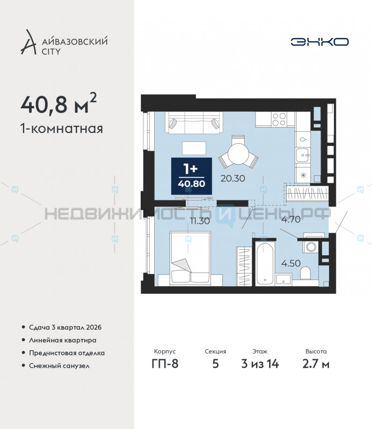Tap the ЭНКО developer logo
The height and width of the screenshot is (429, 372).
click(x=320, y=41)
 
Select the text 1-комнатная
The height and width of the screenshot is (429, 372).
click(x=61, y=129)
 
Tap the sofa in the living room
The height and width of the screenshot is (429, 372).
click(x=193, y=123)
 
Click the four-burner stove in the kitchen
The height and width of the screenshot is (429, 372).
click(x=279, y=119)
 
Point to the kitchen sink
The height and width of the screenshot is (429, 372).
click(x=303, y=156)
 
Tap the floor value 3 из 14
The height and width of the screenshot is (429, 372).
click(x=260, y=365)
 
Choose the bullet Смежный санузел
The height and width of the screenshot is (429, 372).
click(x=59, y=366)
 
